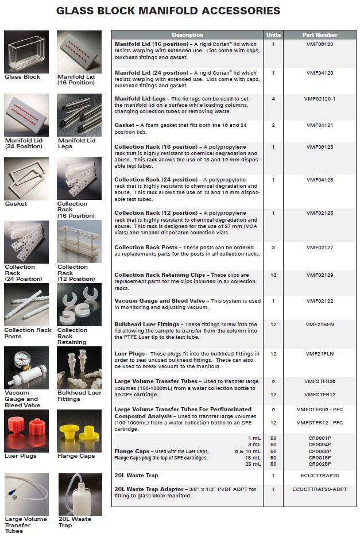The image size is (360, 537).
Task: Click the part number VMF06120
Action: coord(320,44)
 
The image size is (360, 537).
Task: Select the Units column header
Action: coord(273,35)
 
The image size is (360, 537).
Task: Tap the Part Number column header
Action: coord(320,35)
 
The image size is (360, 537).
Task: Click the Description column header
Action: coord(188,35)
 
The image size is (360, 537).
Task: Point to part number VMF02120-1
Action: coord(320,99)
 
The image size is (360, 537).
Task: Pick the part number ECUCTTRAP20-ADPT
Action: coord(320,489)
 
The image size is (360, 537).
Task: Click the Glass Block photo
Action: coord(26,52)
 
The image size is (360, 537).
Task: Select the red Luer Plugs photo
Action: coord(26,430)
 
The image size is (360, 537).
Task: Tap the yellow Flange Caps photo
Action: coord(79,430)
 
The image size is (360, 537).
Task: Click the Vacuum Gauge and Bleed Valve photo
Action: coord(26,368)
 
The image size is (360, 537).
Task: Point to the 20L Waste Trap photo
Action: coord(79,494)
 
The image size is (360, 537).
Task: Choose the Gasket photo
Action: coord(26,178)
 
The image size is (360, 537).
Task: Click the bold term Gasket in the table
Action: coord(125,125)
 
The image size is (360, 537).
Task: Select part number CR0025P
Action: coord(320,464)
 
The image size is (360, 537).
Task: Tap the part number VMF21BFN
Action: coord(320,324)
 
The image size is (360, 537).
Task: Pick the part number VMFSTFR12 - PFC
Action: coord(320,423)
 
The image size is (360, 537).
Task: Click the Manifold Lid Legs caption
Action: coord(76,144)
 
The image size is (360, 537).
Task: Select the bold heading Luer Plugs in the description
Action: coord(129,354)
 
